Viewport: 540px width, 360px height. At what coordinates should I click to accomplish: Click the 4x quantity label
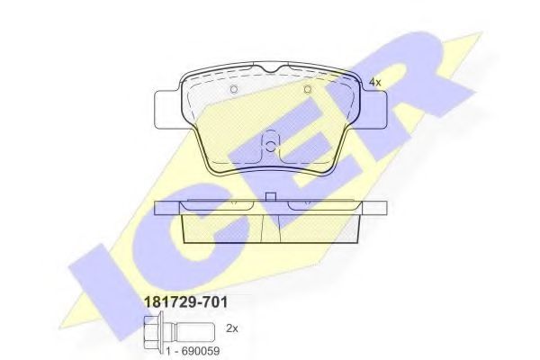click(375, 82)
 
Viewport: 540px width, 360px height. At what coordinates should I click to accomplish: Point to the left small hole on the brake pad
click(233, 89)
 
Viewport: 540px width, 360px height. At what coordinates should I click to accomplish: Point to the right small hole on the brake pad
click(307, 89)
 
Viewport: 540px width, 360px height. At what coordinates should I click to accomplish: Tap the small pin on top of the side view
click(270, 197)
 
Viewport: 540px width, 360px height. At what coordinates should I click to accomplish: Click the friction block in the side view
click(270, 227)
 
